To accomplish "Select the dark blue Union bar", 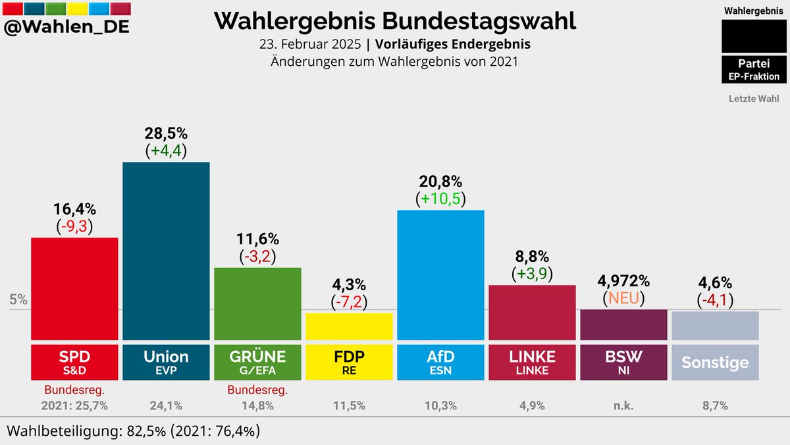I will [x=166, y=250].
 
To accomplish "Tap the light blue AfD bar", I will [x=440, y=274].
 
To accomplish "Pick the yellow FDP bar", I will [x=349, y=325].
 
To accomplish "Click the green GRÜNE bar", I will [x=257, y=303].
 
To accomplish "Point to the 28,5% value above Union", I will [x=166, y=133].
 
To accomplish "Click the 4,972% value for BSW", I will [x=623, y=281].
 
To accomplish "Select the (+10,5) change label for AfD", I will [x=440, y=199].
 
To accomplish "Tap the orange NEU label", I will [x=623, y=298].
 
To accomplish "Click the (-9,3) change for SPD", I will [x=74, y=226].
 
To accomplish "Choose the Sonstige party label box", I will [x=715, y=362].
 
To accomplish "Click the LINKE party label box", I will [x=532, y=362].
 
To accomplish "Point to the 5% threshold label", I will [x=18, y=300].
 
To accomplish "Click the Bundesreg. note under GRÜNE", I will [x=257, y=390].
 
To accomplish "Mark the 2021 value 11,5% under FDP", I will [x=349, y=406].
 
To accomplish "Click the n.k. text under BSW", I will [x=623, y=406].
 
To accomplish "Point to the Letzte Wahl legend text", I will [x=754, y=99].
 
